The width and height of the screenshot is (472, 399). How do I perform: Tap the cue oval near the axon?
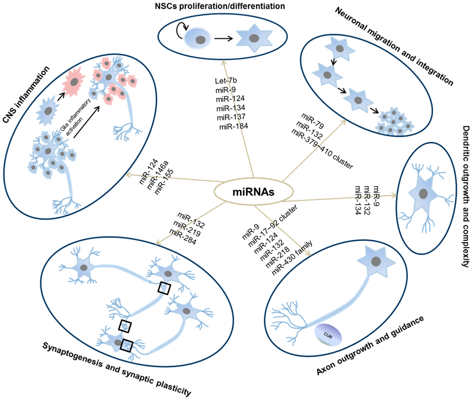click(328, 333)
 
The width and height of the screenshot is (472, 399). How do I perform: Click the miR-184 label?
click(234, 127)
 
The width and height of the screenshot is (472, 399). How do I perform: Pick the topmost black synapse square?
click(164, 288)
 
